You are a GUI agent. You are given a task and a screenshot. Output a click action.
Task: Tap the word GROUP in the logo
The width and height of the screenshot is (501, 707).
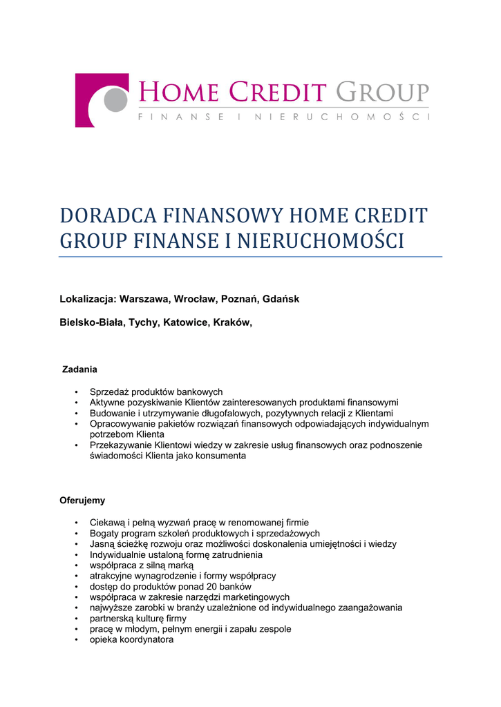(382, 92)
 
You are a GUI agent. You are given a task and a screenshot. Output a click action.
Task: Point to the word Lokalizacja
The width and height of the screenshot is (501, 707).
(87, 299)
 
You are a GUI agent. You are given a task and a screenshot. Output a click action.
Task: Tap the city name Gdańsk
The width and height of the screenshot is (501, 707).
(281, 299)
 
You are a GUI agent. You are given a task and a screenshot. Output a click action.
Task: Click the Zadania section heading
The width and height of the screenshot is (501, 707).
(80, 369)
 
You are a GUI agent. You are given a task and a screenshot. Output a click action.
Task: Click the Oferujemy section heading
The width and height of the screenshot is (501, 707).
(82, 500)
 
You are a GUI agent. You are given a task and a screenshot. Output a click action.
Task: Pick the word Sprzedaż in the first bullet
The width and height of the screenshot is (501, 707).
(109, 391)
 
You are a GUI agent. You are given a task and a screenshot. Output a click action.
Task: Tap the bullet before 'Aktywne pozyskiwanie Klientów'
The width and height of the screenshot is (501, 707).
(76, 403)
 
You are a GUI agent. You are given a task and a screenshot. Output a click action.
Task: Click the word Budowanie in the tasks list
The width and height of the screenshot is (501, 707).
(113, 413)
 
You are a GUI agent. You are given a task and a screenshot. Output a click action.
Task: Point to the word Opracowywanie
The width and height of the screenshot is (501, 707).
(122, 423)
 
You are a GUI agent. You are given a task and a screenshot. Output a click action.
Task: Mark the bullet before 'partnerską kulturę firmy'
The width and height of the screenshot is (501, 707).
(76, 619)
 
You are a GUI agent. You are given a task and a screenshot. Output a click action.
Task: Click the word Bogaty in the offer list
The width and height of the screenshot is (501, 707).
(104, 533)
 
